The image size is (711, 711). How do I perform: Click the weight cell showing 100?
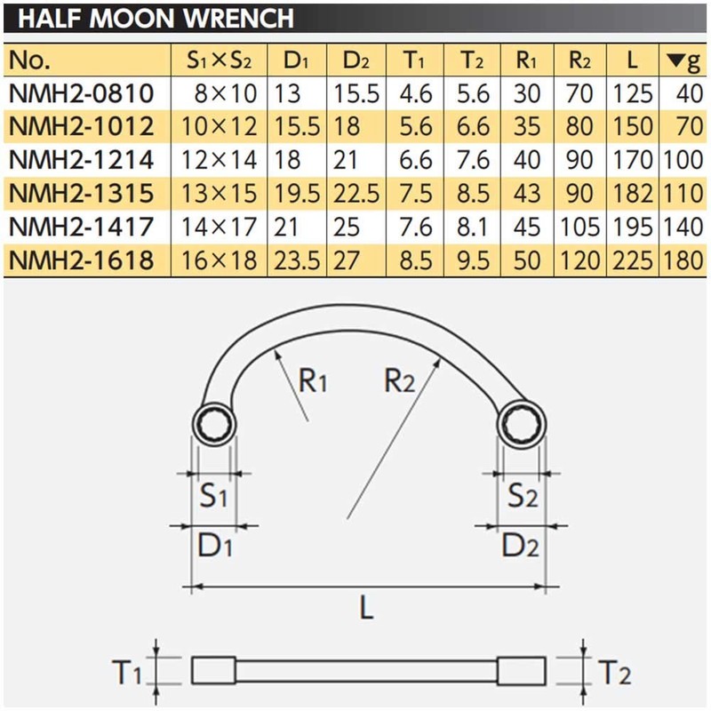point(683,161)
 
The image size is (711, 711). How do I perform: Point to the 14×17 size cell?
point(220,228)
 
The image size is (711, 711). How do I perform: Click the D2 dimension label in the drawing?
point(521,546)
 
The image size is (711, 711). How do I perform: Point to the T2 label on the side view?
point(613,673)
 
